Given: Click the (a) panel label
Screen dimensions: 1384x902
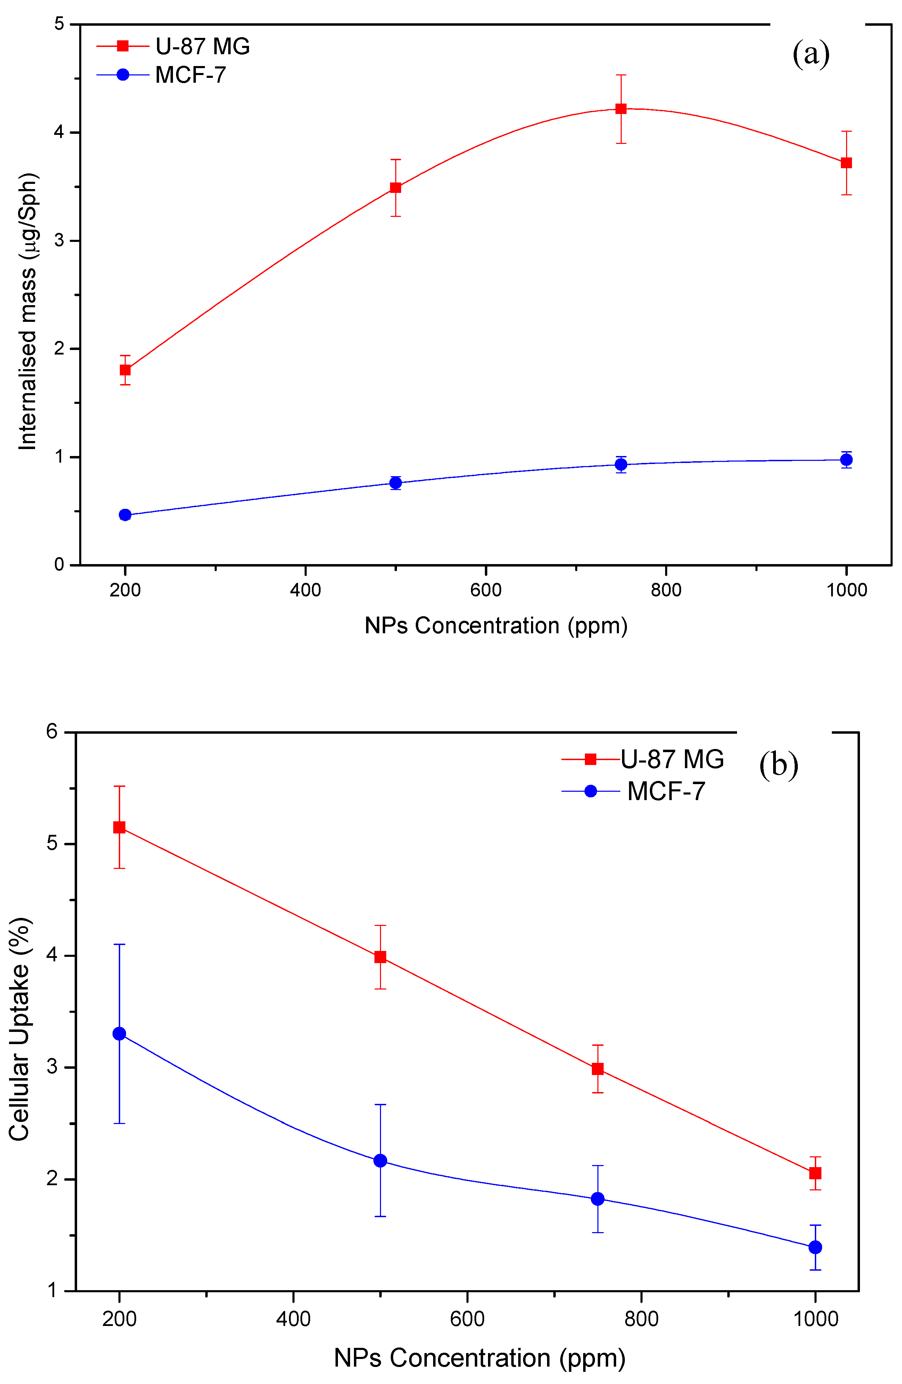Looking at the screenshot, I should click(810, 54).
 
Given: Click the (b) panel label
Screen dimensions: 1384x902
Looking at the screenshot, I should click(778, 765).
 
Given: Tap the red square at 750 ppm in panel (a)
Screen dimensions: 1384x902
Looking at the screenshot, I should click(621, 109).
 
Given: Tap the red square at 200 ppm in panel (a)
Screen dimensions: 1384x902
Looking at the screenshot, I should click(125, 370).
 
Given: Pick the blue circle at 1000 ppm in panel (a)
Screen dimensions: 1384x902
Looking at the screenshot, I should click(846, 460).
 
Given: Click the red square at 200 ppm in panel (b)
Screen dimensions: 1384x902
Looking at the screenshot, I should click(119, 828).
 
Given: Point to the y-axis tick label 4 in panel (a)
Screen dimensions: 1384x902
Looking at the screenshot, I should click(59, 132).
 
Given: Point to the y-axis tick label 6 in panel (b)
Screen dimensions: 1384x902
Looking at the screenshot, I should click(52, 732).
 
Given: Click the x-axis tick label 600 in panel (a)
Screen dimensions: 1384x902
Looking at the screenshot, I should click(485, 590).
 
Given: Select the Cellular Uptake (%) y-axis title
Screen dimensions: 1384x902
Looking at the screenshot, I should click(19, 1029).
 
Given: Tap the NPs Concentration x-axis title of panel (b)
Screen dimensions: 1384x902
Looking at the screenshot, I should click(479, 1358).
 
